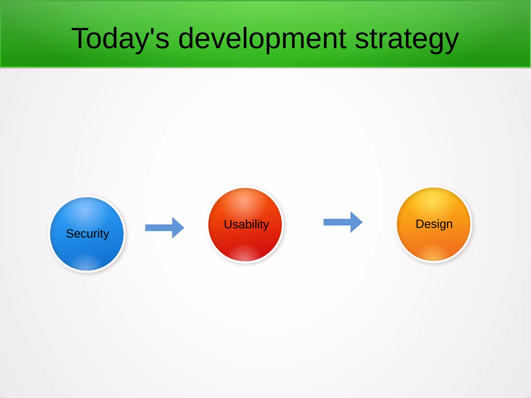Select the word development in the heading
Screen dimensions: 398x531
coord(262,39)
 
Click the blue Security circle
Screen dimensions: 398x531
coord(87,249)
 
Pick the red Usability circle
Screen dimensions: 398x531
coord(245,241)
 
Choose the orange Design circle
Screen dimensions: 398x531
coord(434,241)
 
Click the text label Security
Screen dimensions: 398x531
coord(87,234)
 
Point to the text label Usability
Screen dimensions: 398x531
coord(246,224)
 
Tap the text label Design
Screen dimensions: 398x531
coord(434,224)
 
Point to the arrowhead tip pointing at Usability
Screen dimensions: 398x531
coord(183,228)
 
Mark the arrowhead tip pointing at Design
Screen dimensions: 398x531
coord(361,222)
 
